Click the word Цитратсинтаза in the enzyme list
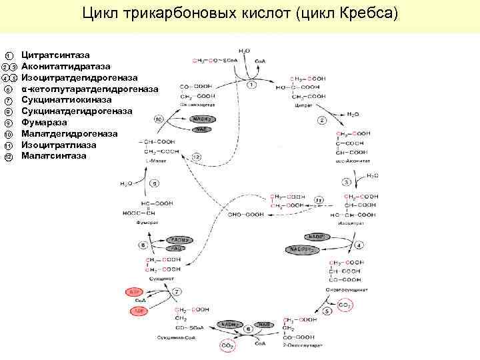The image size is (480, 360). pyautogui.click(x=55, y=54)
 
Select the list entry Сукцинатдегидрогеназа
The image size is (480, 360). pyautogui.click(x=77, y=111)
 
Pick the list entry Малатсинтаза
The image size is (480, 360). pyautogui.click(x=54, y=156)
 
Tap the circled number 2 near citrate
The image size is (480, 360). pyautogui.click(x=323, y=120)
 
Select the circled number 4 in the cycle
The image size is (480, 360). pyautogui.click(x=359, y=245)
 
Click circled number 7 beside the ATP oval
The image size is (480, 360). pyautogui.click(x=177, y=292)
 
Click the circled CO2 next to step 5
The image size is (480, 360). pyautogui.click(x=345, y=305)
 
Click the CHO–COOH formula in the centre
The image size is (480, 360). pyautogui.click(x=246, y=214)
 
